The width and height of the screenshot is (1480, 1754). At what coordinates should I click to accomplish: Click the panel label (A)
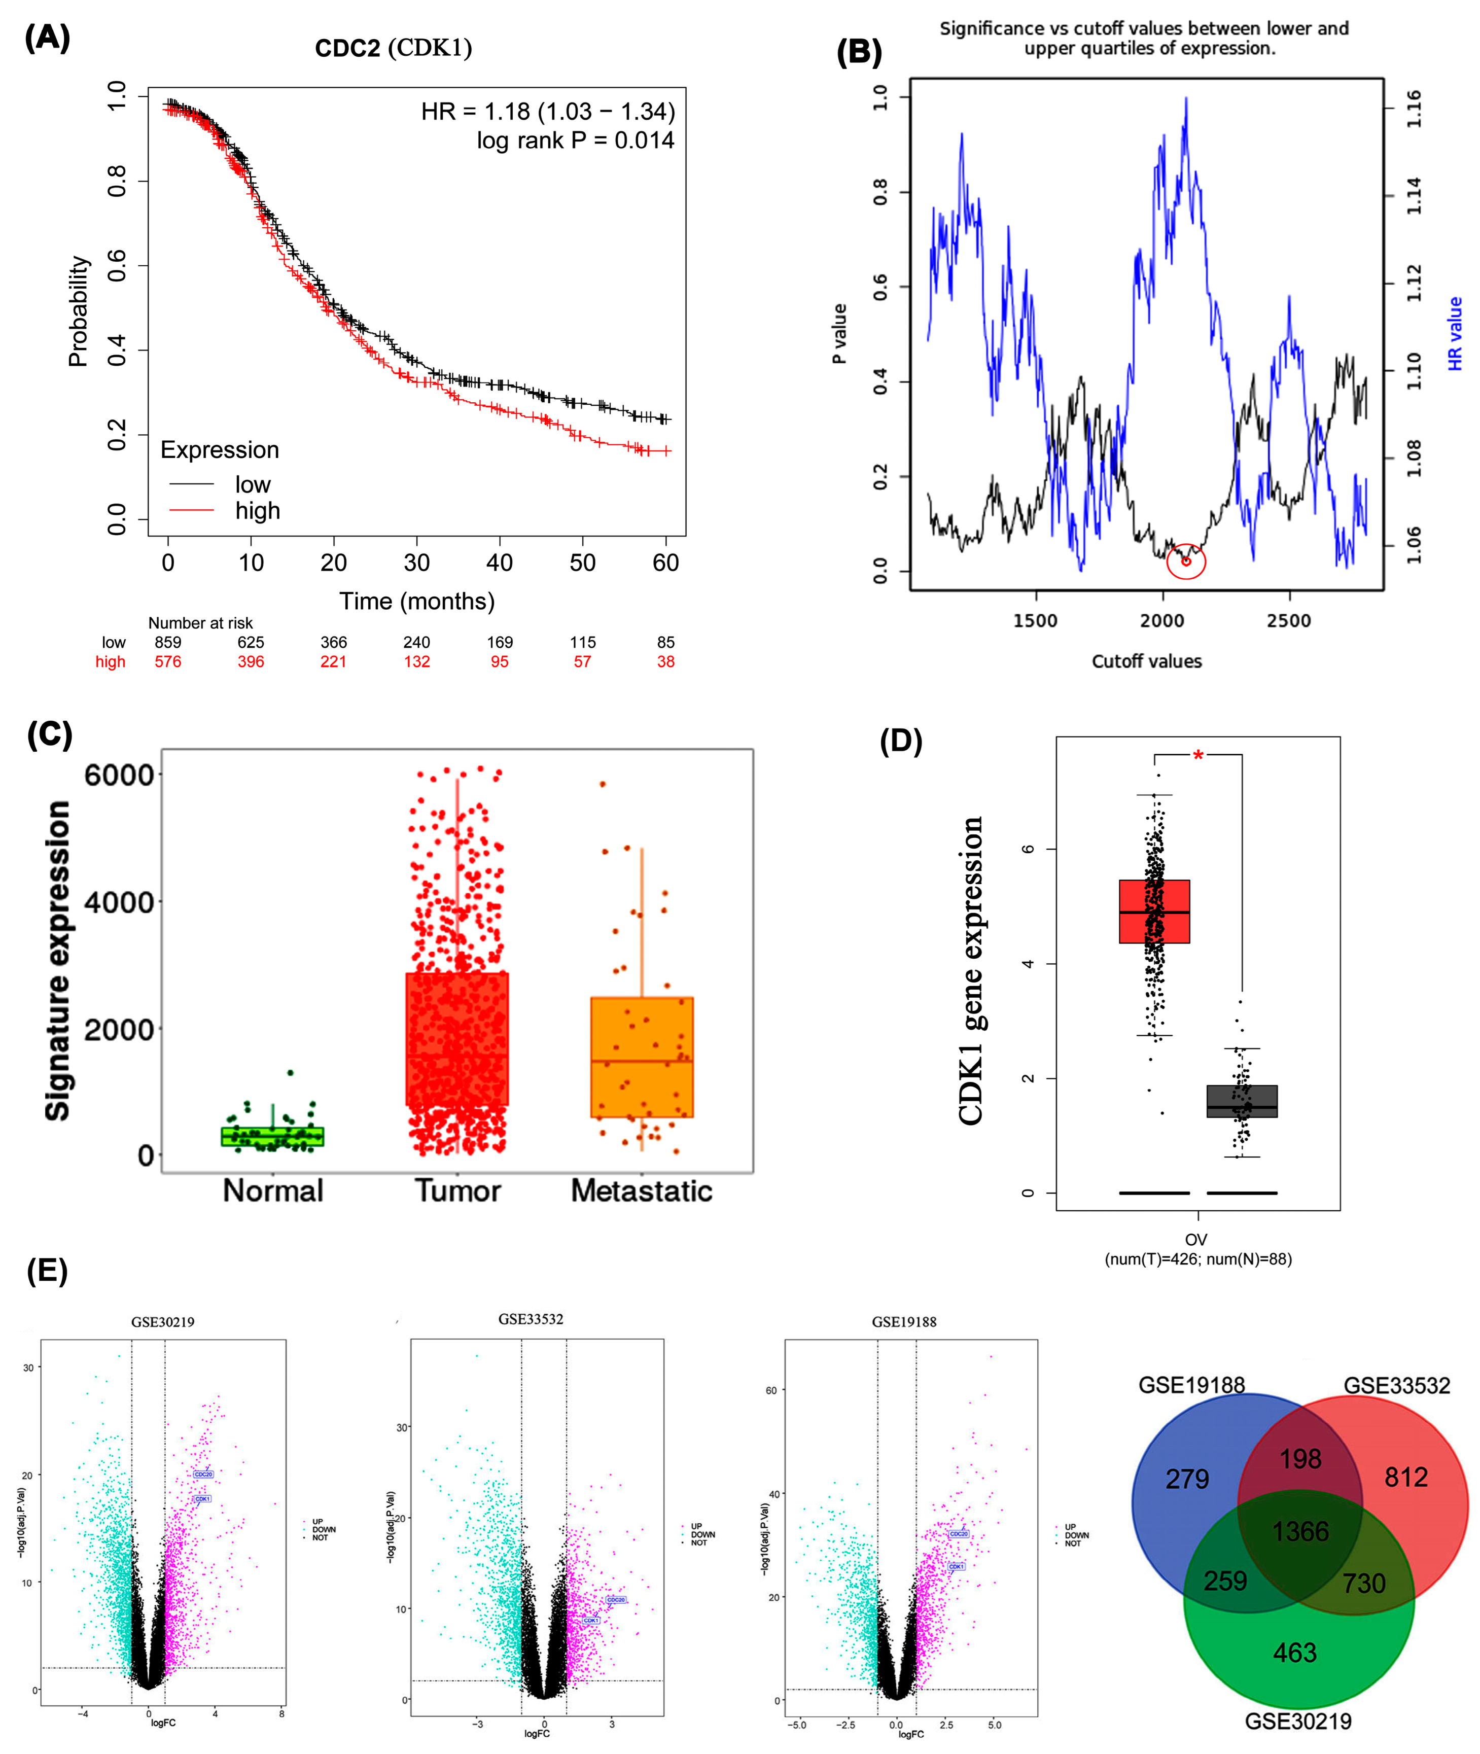[47, 39]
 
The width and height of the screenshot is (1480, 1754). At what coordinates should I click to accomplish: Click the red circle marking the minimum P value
[1185, 561]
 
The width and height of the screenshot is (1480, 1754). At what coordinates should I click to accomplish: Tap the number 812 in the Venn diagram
[1406, 1477]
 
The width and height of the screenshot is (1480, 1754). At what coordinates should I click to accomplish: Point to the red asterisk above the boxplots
[1198, 756]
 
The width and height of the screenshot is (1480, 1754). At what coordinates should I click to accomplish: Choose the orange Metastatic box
[642, 1057]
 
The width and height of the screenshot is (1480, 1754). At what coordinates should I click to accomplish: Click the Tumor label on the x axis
[457, 1191]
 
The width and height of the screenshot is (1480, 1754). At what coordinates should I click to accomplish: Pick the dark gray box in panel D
[1242, 1101]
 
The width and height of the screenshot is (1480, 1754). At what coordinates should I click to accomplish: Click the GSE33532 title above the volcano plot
[530, 1319]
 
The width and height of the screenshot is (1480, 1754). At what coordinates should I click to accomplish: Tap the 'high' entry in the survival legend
[257, 511]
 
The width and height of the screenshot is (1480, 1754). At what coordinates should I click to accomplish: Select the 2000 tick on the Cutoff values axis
[1162, 621]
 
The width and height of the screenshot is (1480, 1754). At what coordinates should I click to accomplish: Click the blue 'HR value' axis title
[1455, 334]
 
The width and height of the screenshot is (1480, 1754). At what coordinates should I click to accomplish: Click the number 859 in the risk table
[168, 642]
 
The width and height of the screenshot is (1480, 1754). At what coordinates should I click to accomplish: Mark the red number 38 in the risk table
[665, 662]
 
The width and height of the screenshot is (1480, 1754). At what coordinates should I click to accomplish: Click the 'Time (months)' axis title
[417, 602]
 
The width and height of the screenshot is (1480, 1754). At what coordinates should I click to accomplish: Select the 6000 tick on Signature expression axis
[119, 775]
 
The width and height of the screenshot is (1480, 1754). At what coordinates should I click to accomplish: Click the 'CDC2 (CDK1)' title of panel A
[394, 48]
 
